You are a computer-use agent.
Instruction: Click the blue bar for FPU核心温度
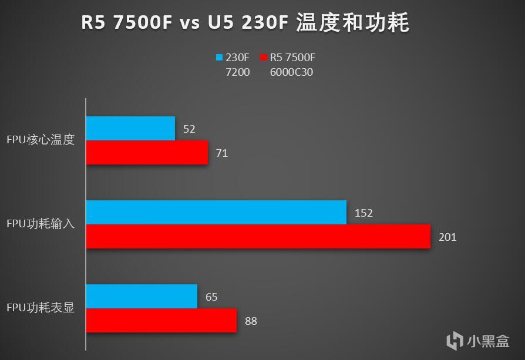[130, 128]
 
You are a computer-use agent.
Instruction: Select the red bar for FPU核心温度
[147, 153]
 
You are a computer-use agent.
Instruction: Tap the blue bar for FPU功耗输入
[216, 212]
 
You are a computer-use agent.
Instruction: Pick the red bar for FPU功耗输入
[258, 237]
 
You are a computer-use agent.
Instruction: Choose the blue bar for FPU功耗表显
[142, 296]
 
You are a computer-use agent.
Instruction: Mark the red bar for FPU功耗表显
[161, 321]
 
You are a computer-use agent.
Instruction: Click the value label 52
[189, 129]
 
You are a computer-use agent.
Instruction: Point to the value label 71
[222, 153]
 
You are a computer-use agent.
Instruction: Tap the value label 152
[364, 213]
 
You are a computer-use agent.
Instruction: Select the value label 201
[447, 237]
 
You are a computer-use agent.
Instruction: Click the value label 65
[211, 297]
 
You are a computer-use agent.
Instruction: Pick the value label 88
[251, 321]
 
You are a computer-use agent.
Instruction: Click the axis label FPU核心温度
[41, 140]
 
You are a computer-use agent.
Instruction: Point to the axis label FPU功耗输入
[41, 224]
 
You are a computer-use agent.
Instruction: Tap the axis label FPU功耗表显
[41, 308]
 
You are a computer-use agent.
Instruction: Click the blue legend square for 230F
[220, 58]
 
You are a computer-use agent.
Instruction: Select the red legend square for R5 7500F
[264, 58]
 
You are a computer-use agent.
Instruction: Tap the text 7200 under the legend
[238, 72]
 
